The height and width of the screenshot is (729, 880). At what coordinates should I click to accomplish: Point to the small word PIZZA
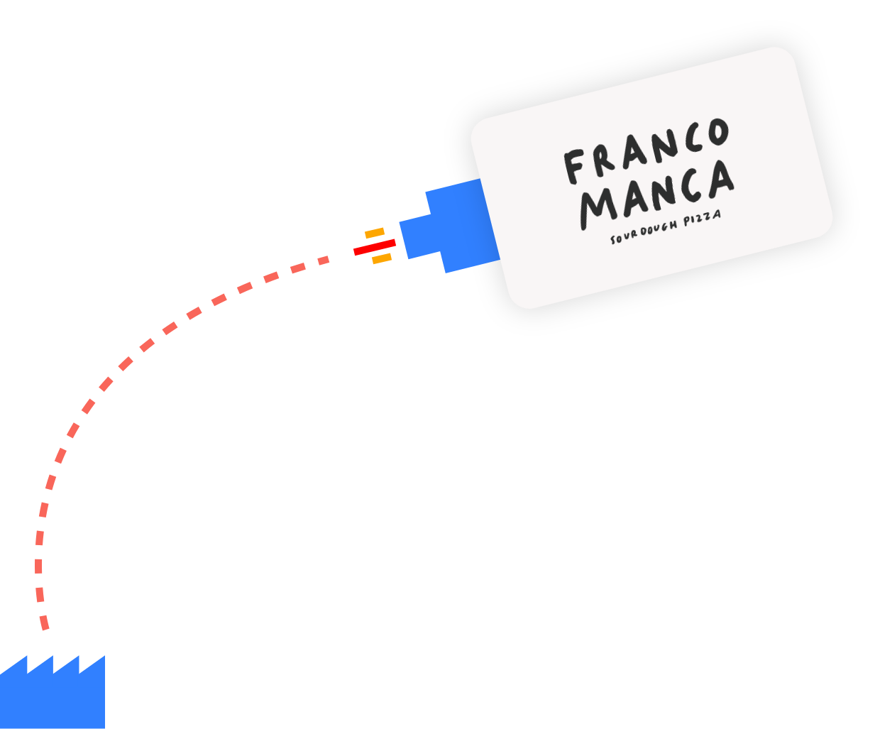[702, 217]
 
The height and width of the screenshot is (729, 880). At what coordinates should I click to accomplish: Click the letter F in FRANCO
[575, 166]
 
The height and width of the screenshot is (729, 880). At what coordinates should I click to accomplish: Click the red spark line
[374, 248]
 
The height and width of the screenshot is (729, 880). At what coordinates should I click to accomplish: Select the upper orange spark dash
[374, 233]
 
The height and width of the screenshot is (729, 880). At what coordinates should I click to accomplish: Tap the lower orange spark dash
[382, 259]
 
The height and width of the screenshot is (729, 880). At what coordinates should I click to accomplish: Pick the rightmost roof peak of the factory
[103, 658]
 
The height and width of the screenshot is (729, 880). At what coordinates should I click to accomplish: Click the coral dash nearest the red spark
[324, 261]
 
